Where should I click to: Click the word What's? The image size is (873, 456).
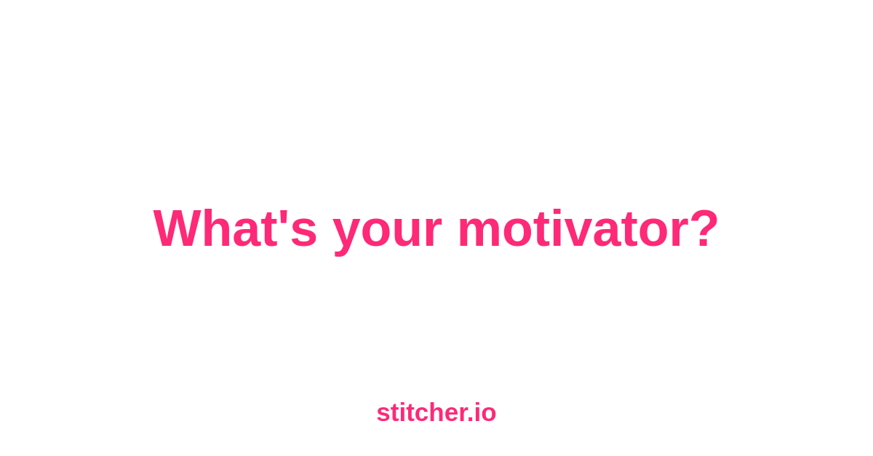234,228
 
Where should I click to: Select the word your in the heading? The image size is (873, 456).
387,233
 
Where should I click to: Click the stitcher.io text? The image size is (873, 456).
436,412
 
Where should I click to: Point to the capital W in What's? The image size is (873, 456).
179,228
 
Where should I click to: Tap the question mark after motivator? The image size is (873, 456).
703,228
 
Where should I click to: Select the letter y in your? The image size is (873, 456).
346,237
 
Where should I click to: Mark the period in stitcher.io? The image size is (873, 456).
471,420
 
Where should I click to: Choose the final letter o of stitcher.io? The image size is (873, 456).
488,415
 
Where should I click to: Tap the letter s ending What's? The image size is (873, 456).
303,233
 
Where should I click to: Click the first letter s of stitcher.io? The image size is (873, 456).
383,415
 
